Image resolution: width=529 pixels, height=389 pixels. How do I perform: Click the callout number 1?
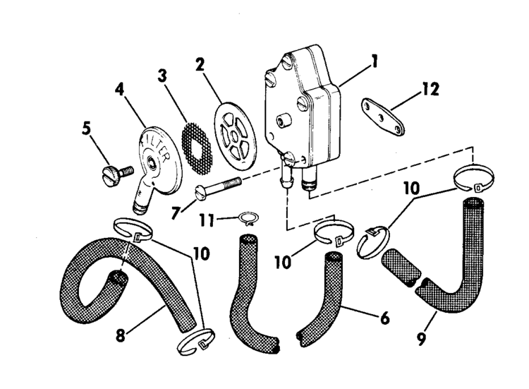tap(375, 61)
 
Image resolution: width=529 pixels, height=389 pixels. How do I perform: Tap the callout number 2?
tap(200, 66)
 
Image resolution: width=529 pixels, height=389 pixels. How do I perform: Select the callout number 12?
tap(430, 90)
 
